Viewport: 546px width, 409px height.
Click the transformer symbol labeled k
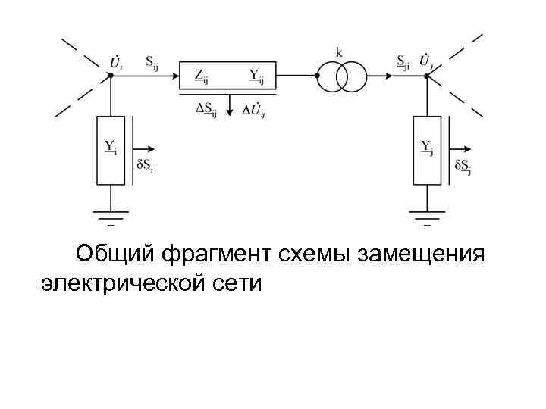tap(342, 76)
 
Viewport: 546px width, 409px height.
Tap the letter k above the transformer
tap(339, 52)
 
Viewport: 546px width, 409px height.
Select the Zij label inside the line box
tap(202, 75)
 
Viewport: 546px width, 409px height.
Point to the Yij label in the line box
tap(256, 75)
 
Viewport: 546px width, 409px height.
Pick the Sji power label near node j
tap(403, 62)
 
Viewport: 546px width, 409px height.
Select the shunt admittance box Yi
tap(111, 150)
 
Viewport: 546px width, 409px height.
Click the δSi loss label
tap(144, 165)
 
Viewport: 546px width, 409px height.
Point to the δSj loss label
tap(463, 165)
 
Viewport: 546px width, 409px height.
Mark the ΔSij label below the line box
tap(206, 110)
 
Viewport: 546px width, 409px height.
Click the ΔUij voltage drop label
tap(255, 111)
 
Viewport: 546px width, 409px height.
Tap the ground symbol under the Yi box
tap(111, 215)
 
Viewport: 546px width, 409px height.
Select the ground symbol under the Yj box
tap(428, 215)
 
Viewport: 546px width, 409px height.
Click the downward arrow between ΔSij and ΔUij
tap(230, 107)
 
